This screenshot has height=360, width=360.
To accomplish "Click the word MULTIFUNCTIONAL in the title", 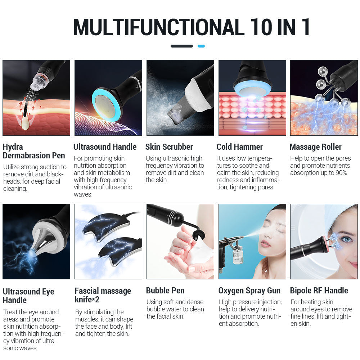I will click(x=158, y=27).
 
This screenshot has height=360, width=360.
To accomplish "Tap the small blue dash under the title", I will click(x=201, y=46).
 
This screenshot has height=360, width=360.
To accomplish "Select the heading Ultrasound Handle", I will click(x=105, y=147).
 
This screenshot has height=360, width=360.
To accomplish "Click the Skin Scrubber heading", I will click(x=169, y=147).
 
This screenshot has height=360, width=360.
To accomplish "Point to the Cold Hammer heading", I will click(x=239, y=147).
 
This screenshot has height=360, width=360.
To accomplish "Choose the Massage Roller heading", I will click(x=315, y=147).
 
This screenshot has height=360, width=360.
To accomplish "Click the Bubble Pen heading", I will click(x=165, y=291).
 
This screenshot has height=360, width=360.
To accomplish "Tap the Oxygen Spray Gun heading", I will click(x=249, y=291).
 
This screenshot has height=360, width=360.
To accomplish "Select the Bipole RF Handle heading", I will click(x=319, y=291).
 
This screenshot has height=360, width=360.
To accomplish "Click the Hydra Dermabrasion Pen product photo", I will click(x=36, y=98).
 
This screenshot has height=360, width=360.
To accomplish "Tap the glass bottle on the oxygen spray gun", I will click(x=238, y=256).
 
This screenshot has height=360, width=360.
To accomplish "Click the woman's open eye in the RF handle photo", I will click(x=346, y=239).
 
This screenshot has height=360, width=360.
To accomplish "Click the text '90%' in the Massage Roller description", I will click(x=341, y=173).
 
